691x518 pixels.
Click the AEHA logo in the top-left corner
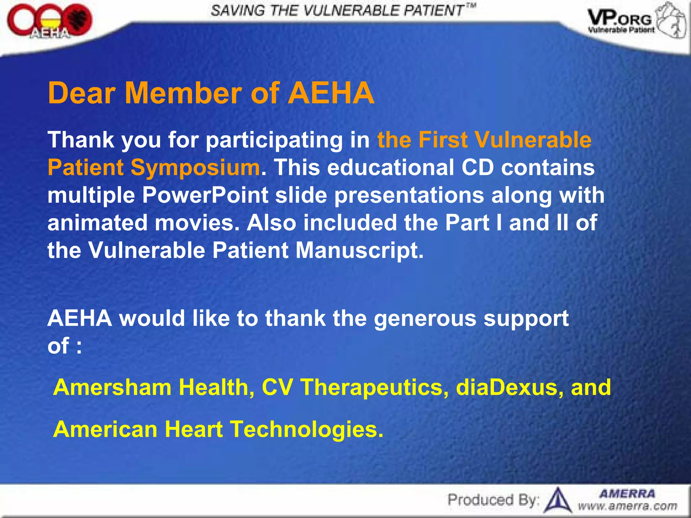point(49,22)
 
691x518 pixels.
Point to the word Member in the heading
point(184,93)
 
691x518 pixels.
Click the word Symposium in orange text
point(195,168)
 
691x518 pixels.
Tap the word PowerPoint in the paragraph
point(205,195)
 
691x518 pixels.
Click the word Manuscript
point(359,250)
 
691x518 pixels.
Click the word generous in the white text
point(425,318)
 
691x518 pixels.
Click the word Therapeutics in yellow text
point(375,387)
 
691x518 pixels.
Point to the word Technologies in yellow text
point(307,429)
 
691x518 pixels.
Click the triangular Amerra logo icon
point(558,500)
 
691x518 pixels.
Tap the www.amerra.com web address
point(628,506)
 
